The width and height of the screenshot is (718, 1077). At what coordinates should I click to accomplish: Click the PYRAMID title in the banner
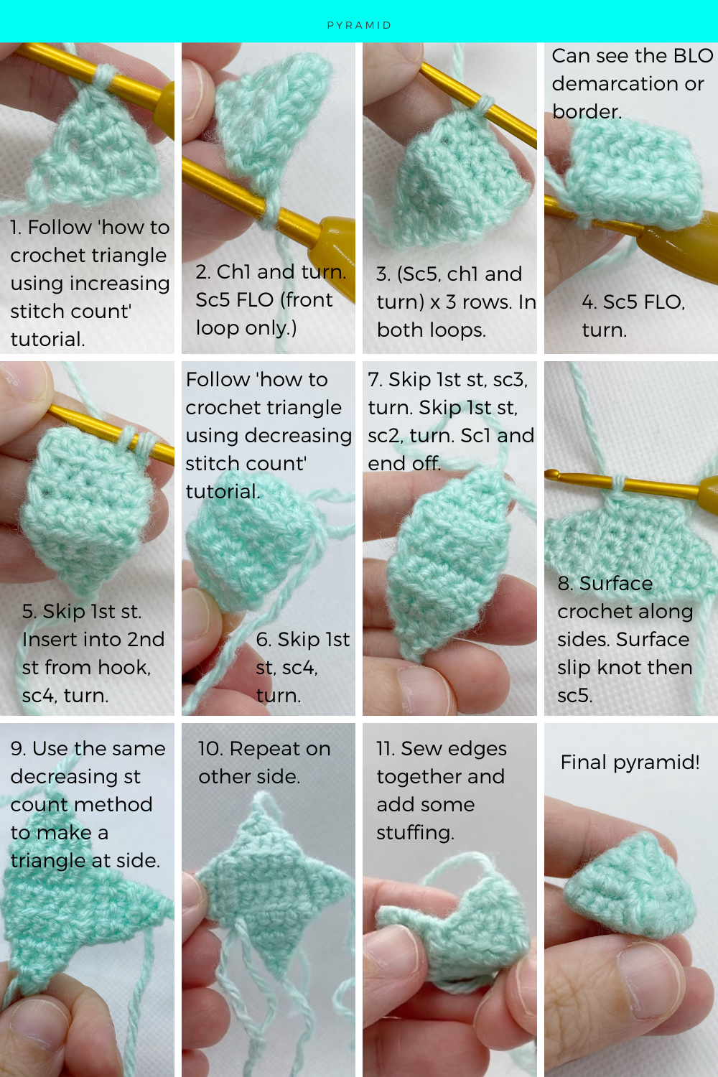point(359,25)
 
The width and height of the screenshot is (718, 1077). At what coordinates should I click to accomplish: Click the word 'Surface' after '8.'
point(616,584)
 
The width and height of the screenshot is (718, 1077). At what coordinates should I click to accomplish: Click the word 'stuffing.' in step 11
point(415,833)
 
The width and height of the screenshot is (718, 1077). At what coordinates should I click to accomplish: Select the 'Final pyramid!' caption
point(630,763)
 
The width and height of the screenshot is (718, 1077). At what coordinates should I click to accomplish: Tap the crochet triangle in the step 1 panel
point(101,151)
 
